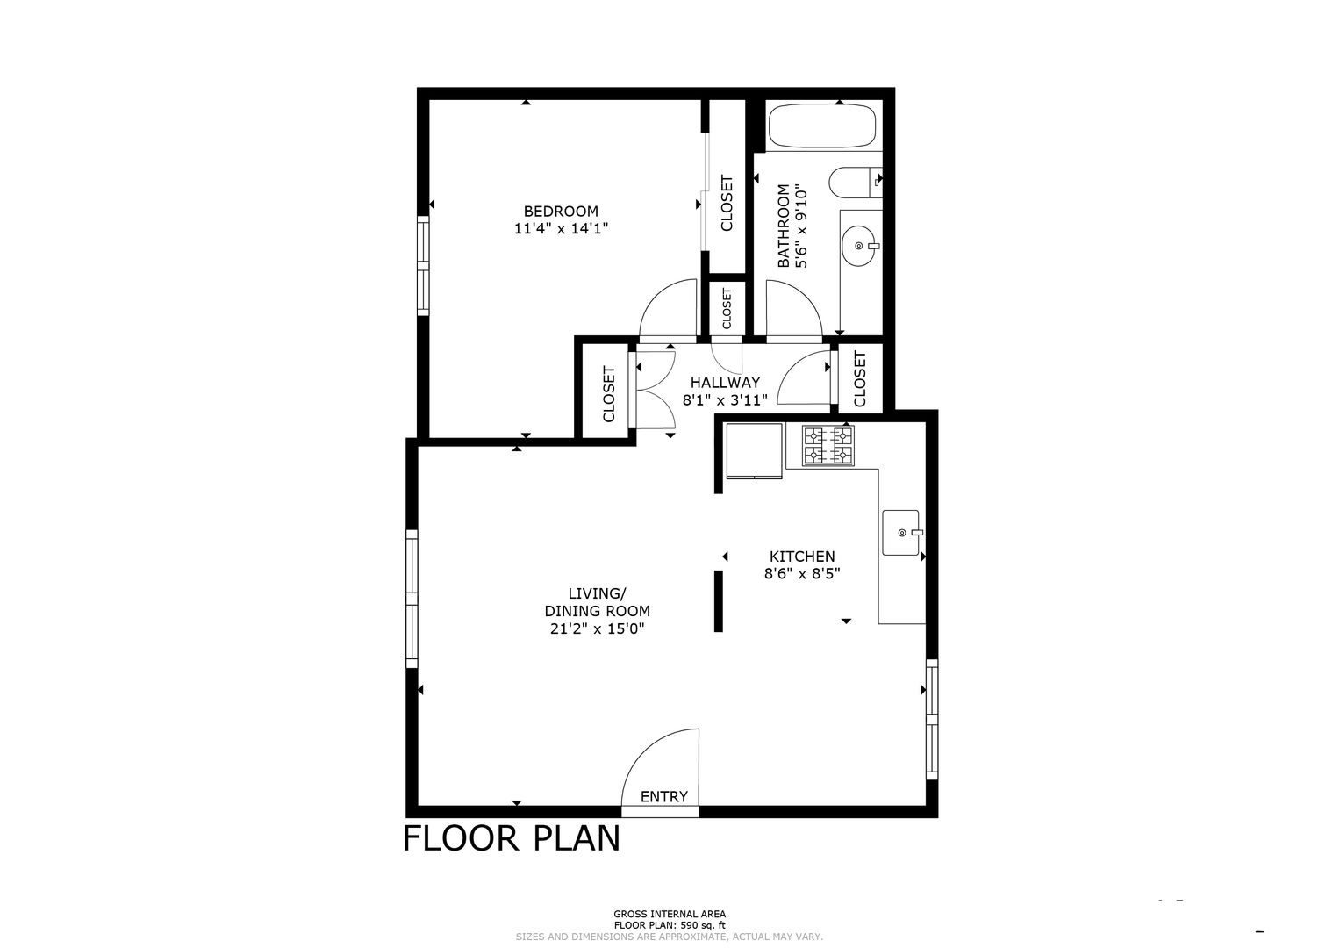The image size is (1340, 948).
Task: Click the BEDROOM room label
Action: pyautogui.click(x=561, y=212)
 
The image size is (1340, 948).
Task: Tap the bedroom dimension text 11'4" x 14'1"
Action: pyautogui.click(x=561, y=228)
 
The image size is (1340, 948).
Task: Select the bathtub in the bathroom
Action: pyautogui.click(x=822, y=126)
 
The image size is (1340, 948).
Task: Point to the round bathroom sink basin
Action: pyautogui.click(x=860, y=246)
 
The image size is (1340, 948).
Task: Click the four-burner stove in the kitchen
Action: pyautogui.click(x=828, y=446)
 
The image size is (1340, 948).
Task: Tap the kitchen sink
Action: pyautogui.click(x=901, y=533)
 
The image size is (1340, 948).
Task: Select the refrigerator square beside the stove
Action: pyautogui.click(x=754, y=451)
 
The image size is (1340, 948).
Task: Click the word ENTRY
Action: pyautogui.click(x=664, y=797)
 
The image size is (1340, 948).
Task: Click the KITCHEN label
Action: pyautogui.click(x=802, y=556)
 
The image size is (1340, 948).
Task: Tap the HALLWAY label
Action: pyautogui.click(x=725, y=383)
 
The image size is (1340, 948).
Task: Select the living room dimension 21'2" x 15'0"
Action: pyautogui.click(x=597, y=628)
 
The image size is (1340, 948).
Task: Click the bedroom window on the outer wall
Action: pyautogui.click(x=423, y=265)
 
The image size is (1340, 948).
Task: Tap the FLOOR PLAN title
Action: pyautogui.click(x=512, y=838)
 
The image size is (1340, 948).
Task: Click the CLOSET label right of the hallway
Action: pyautogui.click(x=860, y=379)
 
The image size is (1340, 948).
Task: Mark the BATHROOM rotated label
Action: pyautogui.click(x=783, y=226)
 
